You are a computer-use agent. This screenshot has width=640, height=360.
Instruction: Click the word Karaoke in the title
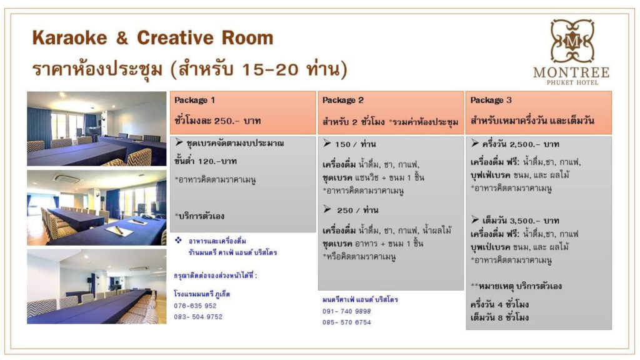pos(69,38)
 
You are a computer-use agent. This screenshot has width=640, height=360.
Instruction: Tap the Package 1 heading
pos(194,100)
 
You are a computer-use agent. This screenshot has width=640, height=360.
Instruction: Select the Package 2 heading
pos(342,100)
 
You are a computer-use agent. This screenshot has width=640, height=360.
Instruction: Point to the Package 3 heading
pos(491,100)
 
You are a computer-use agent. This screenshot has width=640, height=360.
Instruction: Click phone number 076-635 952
pos(195,306)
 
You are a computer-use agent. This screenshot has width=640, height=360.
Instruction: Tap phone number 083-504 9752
pos(198,317)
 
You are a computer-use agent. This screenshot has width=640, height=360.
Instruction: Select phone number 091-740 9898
pos(346,311)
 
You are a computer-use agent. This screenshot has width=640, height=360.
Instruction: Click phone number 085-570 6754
pos(346,322)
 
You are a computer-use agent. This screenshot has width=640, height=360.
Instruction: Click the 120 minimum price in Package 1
pos(205,161)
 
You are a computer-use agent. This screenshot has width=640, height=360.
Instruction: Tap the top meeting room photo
pos(97,129)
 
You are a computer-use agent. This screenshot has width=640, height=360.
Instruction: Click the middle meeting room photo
pos(97,207)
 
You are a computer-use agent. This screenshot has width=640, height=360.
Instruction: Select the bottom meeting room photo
pos(97,286)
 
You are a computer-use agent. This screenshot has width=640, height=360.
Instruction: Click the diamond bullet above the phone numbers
pos(178,240)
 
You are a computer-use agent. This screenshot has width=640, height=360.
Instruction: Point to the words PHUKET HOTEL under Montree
pos(572,82)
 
